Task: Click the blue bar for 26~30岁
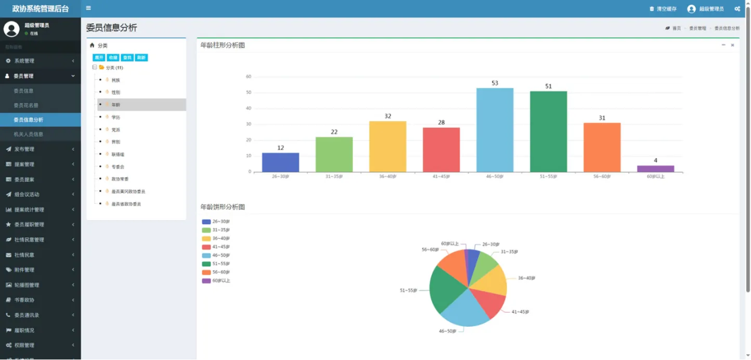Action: tap(280, 162)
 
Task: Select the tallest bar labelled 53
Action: tap(495, 130)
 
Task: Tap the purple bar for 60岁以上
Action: tap(655, 169)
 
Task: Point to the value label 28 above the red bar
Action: tap(441, 122)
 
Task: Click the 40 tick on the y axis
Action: tap(249, 108)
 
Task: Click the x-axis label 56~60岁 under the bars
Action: tap(602, 176)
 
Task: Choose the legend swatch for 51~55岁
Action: tap(206, 264)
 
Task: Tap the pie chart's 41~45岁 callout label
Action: tap(520, 312)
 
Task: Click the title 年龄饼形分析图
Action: tap(223, 207)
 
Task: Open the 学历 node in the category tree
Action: tap(115, 117)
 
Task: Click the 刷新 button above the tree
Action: tap(141, 58)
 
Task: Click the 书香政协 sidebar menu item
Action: tap(24, 300)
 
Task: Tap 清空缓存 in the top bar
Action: tap(666, 9)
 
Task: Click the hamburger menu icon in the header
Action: tap(88, 8)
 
